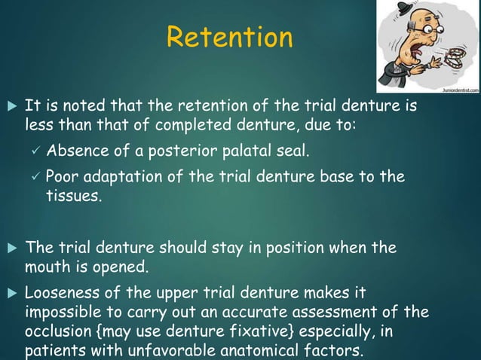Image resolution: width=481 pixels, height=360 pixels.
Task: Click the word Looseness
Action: point(62,292)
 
